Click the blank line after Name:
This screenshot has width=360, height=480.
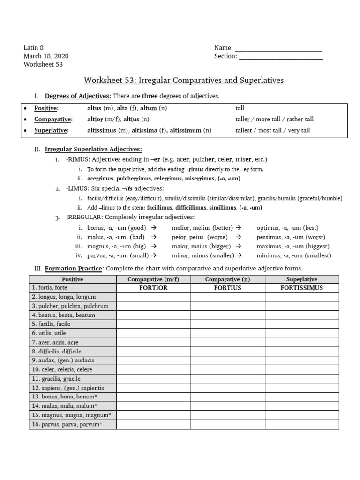[278, 48]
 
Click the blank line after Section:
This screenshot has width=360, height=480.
[280, 57]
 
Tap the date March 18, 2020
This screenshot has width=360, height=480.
[46, 56]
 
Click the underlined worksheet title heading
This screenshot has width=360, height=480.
[184, 80]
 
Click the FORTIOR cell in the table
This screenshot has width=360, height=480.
[153, 288]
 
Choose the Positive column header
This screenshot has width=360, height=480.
[73, 279]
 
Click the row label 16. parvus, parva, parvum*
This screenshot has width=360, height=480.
[67, 425]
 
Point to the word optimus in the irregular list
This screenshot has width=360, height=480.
[268, 228]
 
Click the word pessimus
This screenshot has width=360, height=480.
[270, 237]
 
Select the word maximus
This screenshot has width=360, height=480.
[270, 246]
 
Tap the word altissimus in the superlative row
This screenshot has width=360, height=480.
[104, 130]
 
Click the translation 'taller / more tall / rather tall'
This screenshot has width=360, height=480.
[274, 120]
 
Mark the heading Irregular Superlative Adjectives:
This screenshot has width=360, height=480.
[93, 150]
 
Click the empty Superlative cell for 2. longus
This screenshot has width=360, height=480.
[301, 297]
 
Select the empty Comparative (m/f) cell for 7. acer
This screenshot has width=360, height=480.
[153, 342]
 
